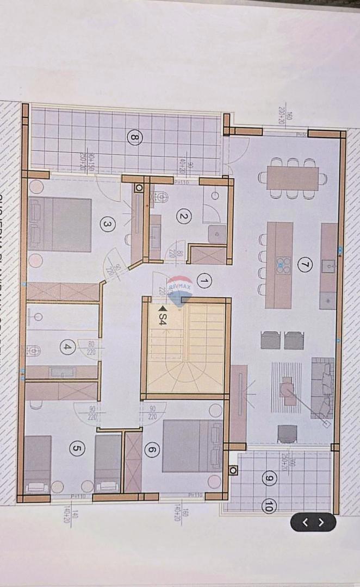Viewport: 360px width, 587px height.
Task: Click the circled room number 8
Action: (134, 138)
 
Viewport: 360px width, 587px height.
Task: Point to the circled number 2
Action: (183, 216)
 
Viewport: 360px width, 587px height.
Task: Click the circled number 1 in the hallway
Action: (204, 281)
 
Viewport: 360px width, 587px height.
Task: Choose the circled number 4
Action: (67, 347)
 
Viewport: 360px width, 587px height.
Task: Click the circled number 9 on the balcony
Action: (268, 478)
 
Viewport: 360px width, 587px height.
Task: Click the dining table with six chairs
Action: (293, 178)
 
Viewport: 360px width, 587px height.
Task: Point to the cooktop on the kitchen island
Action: (283, 265)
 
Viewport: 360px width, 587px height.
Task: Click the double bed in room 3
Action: (60, 224)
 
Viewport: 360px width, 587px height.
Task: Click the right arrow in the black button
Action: (321, 522)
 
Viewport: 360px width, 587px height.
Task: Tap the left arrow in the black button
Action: (305, 522)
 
